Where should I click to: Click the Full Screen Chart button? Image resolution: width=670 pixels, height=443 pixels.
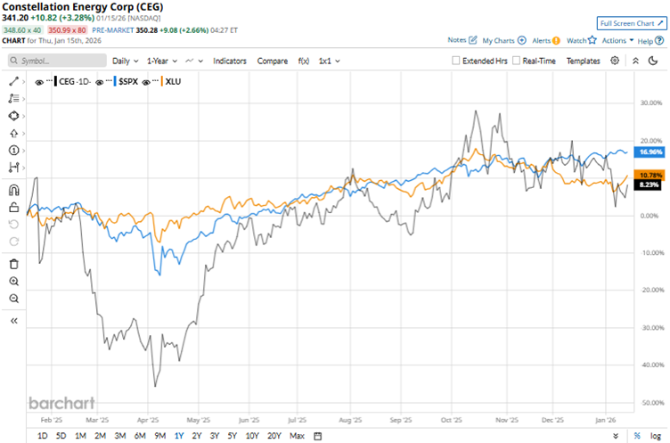click(x=632, y=23)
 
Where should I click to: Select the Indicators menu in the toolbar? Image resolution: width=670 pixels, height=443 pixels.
click(x=230, y=61)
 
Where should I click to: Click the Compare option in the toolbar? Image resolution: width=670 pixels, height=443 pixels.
click(x=272, y=61)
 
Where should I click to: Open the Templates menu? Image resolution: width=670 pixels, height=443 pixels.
click(x=583, y=61)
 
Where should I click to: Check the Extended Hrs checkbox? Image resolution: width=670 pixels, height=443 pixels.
click(x=456, y=61)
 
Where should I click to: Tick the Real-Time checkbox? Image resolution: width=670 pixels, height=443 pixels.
click(x=517, y=61)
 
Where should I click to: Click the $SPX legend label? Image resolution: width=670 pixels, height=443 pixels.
click(x=130, y=81)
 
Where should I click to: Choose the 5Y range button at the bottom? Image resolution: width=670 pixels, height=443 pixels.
click(x=232, y=436)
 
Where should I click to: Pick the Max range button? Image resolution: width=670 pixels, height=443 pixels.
click(x=297, y=436)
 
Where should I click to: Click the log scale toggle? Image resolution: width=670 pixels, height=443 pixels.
click(x=658, y=436)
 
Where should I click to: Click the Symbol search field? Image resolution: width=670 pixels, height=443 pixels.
click(x=55, y=61)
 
